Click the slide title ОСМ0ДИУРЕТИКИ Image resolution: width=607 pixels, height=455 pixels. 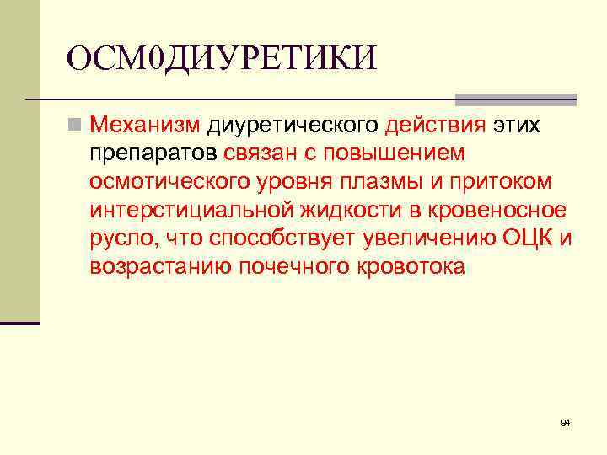click(222, 59)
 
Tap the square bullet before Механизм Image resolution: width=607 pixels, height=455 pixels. click(76, 126)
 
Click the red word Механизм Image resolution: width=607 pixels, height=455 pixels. click(145, 126)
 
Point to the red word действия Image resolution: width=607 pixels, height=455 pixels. click(435, 126)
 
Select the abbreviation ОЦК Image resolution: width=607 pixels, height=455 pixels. click(528, 238)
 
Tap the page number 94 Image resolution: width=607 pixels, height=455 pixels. click(566, 421)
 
